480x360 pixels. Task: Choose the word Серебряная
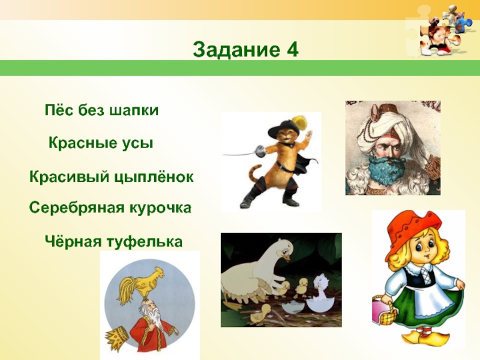pyautogui.click(x=77, y=208)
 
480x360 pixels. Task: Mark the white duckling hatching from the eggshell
pyautogui.click(x=322, y=290)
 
